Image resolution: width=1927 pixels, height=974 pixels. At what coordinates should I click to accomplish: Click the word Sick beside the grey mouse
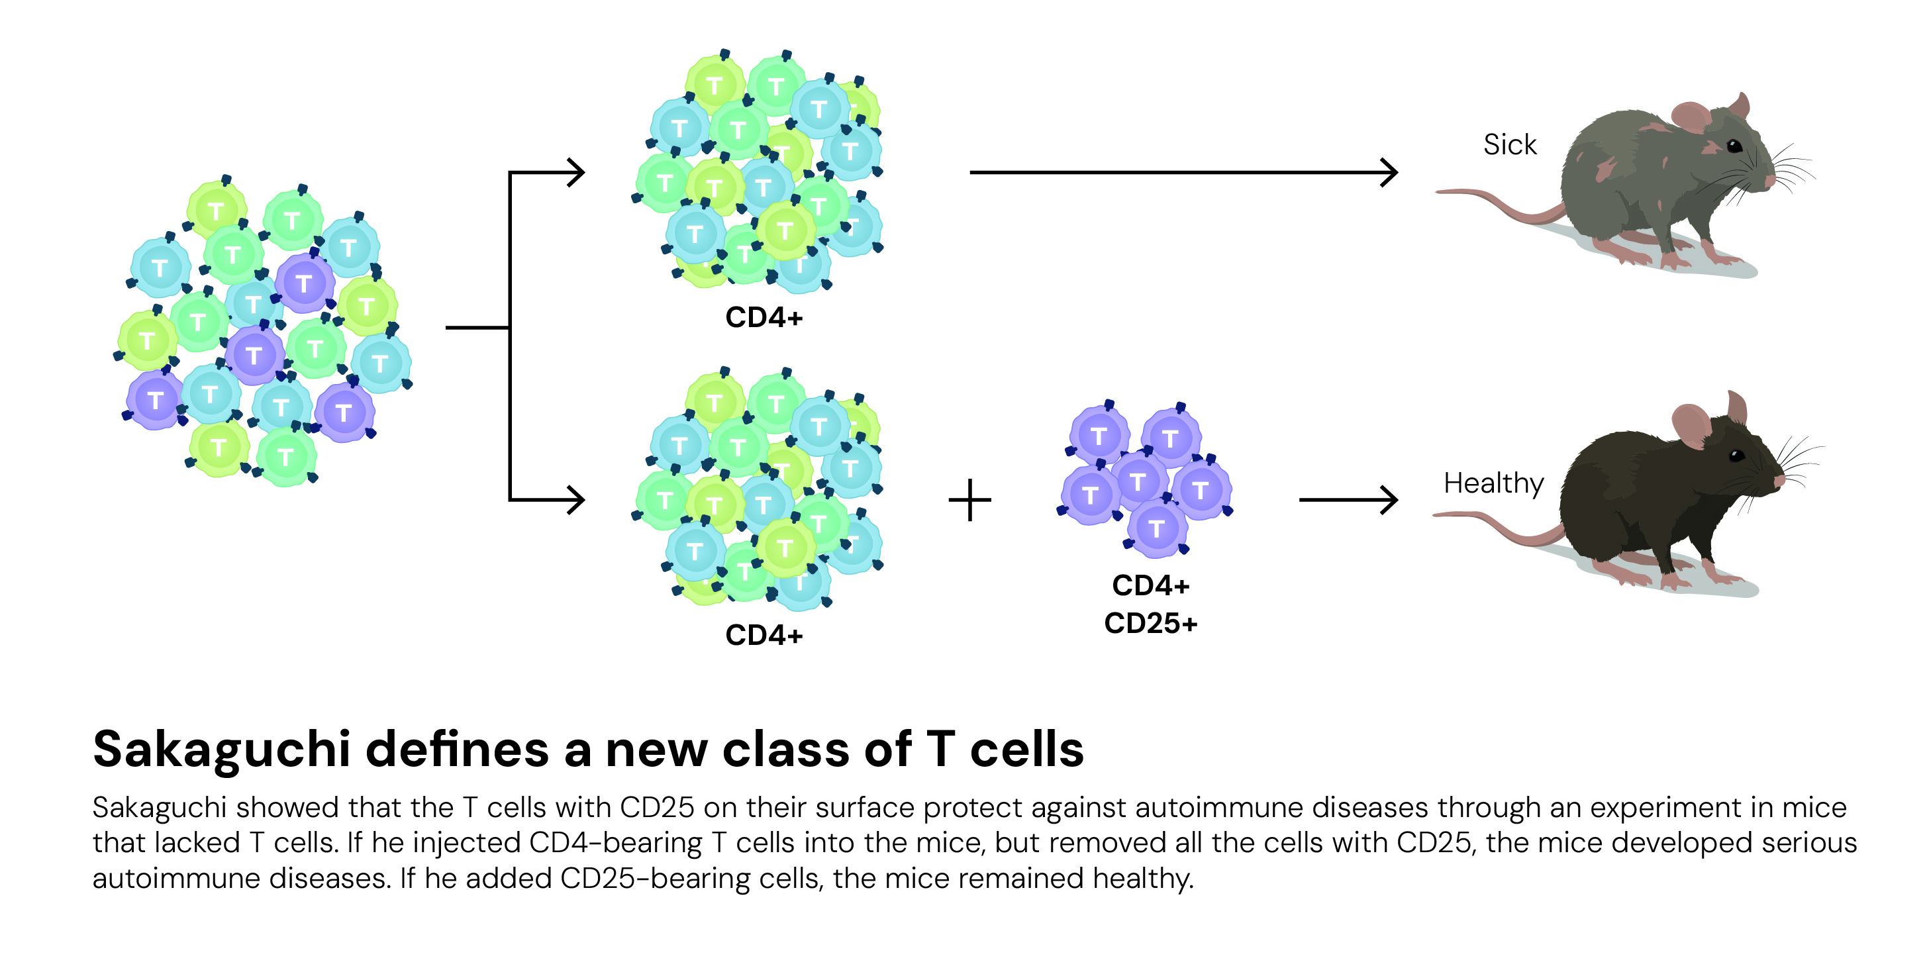pyautogui.click(x=1509, y=144)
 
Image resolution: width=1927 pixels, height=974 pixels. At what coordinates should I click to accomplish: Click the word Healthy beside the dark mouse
pyautogui.click(x=1493, y=483)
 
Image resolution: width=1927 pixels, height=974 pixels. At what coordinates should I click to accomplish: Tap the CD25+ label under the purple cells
pyautogui.click(x=1150, y=623)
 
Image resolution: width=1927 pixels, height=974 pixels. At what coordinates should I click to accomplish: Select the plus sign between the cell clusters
pyautogui.click(x=969, y=500)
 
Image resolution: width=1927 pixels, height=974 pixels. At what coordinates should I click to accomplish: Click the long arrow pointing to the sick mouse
pyautogui.click(x=1182, y=172)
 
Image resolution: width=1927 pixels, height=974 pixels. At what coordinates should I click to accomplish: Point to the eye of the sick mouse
pyautogui.click(x=1734, y=145)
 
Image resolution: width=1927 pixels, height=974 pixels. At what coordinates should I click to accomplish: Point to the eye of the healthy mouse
pyautogui.click(x=1736, y=455)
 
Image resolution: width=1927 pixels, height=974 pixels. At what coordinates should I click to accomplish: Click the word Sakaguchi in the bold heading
pyautogui.click(x=221, y=749)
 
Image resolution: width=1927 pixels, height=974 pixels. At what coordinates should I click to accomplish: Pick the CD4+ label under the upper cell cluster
pyautogui.click(x=764, y=317)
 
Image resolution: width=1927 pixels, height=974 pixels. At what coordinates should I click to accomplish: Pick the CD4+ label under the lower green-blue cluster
pyautogui.click(x=764, y=635)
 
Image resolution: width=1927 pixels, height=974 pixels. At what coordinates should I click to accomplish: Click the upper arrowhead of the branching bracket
pyautogui.click(x=576, y=172)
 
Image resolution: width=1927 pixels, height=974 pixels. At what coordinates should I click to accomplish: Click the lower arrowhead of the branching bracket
pyautogui.click(x=576, y=500)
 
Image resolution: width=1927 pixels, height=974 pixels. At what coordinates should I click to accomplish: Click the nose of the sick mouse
pyautogui.click(x=1770, y=180)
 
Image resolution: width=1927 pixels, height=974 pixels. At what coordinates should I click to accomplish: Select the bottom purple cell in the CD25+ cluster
pyautogui.click(x=1156, y=528)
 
